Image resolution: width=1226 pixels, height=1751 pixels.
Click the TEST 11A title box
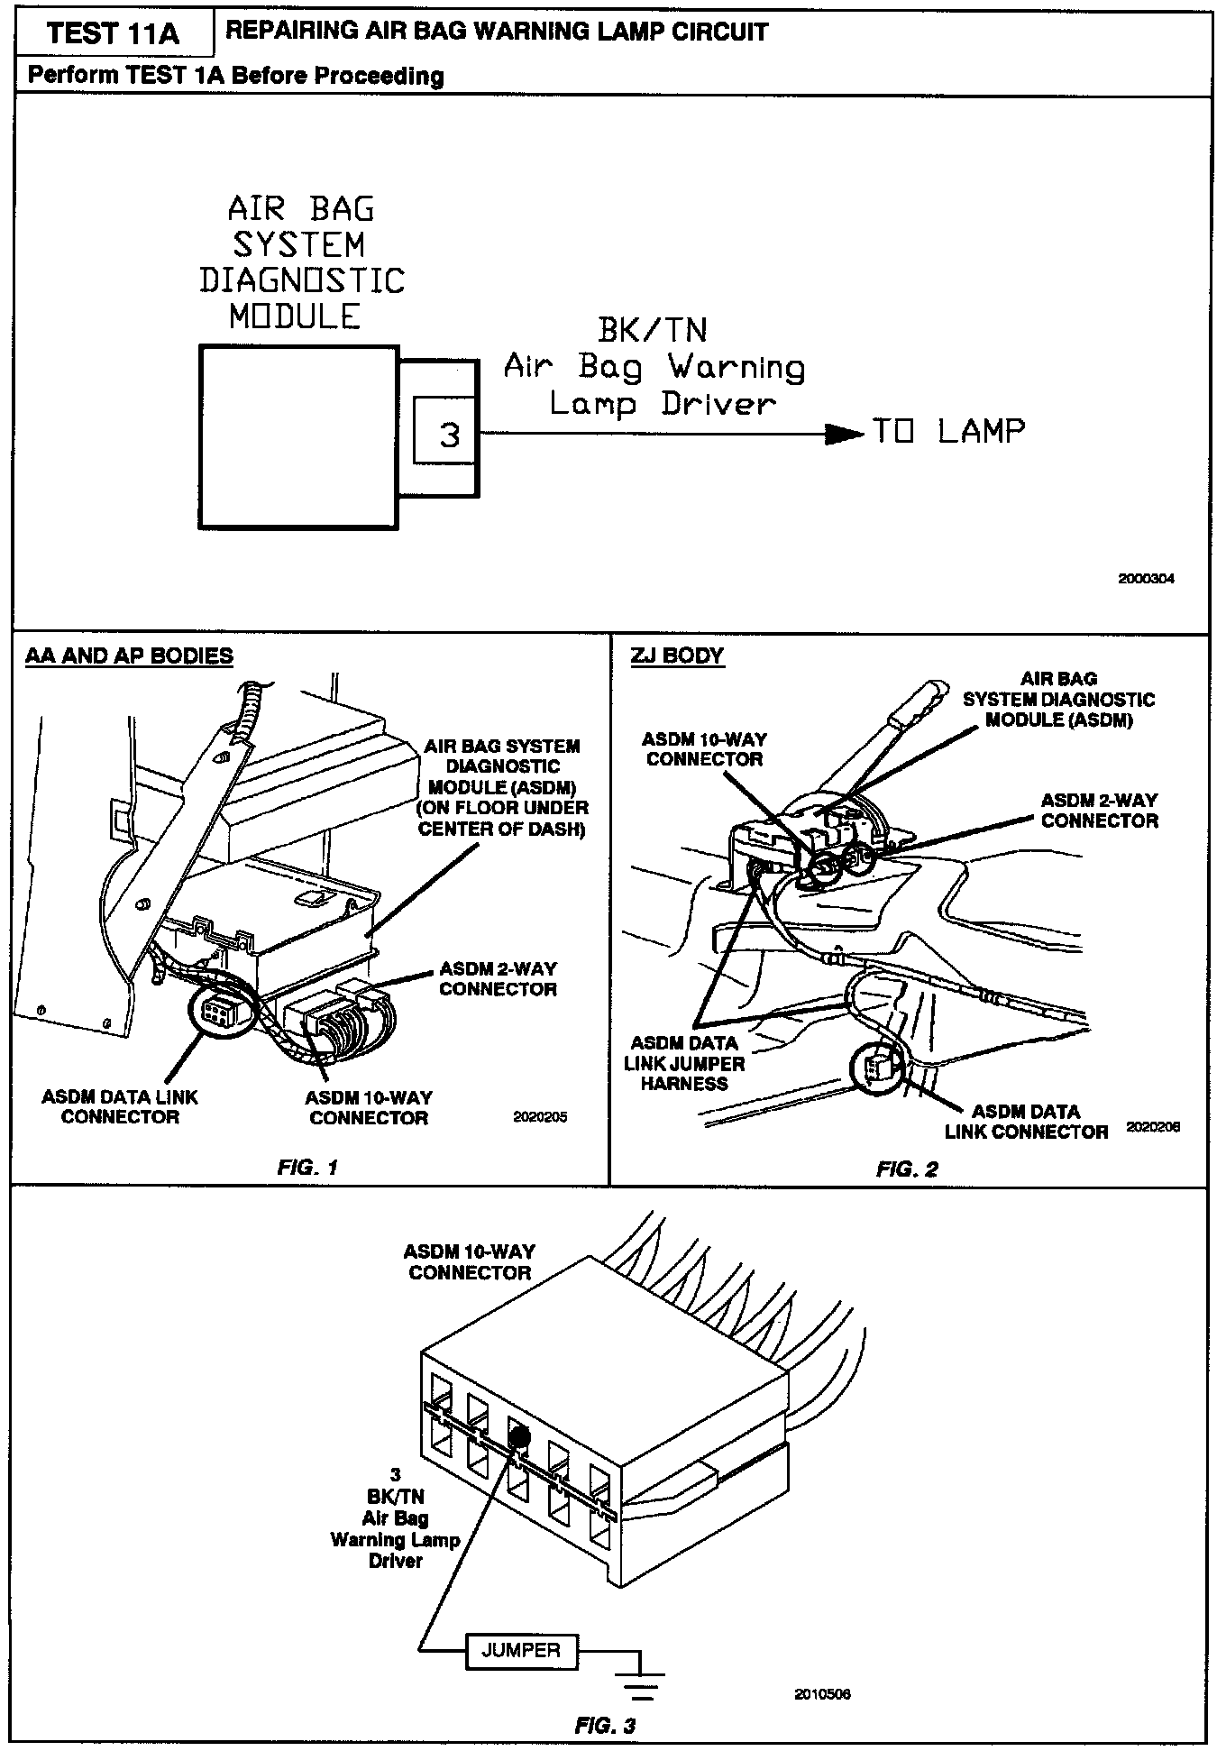[113, 33]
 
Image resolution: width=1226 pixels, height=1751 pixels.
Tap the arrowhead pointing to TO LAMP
[844, 434]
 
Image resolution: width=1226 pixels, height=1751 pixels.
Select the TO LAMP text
[948, 432]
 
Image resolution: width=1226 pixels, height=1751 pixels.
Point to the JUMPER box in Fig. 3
[521, 1651]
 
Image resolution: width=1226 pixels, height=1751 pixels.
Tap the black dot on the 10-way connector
[518, 1436]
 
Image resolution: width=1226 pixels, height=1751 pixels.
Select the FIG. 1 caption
[307, 1168]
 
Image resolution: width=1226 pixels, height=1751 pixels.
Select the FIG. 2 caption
[907, 1169]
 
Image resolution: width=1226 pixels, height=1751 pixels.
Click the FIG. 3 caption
[605, 1726]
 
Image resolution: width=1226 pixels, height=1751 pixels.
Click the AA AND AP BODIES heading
[129, 656]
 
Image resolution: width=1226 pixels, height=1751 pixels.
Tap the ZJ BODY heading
[677, 656]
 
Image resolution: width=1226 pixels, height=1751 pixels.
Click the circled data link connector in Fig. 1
[216, 1015]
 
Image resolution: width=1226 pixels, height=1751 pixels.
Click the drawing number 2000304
[1146, 580]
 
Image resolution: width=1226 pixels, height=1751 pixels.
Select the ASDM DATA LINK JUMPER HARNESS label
[684, 1064]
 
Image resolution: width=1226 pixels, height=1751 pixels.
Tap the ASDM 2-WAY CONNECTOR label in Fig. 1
[498, 979]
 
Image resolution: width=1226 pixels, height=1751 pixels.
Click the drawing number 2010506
[822, 1694]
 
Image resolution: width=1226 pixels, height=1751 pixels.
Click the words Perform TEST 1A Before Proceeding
[235, 76]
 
